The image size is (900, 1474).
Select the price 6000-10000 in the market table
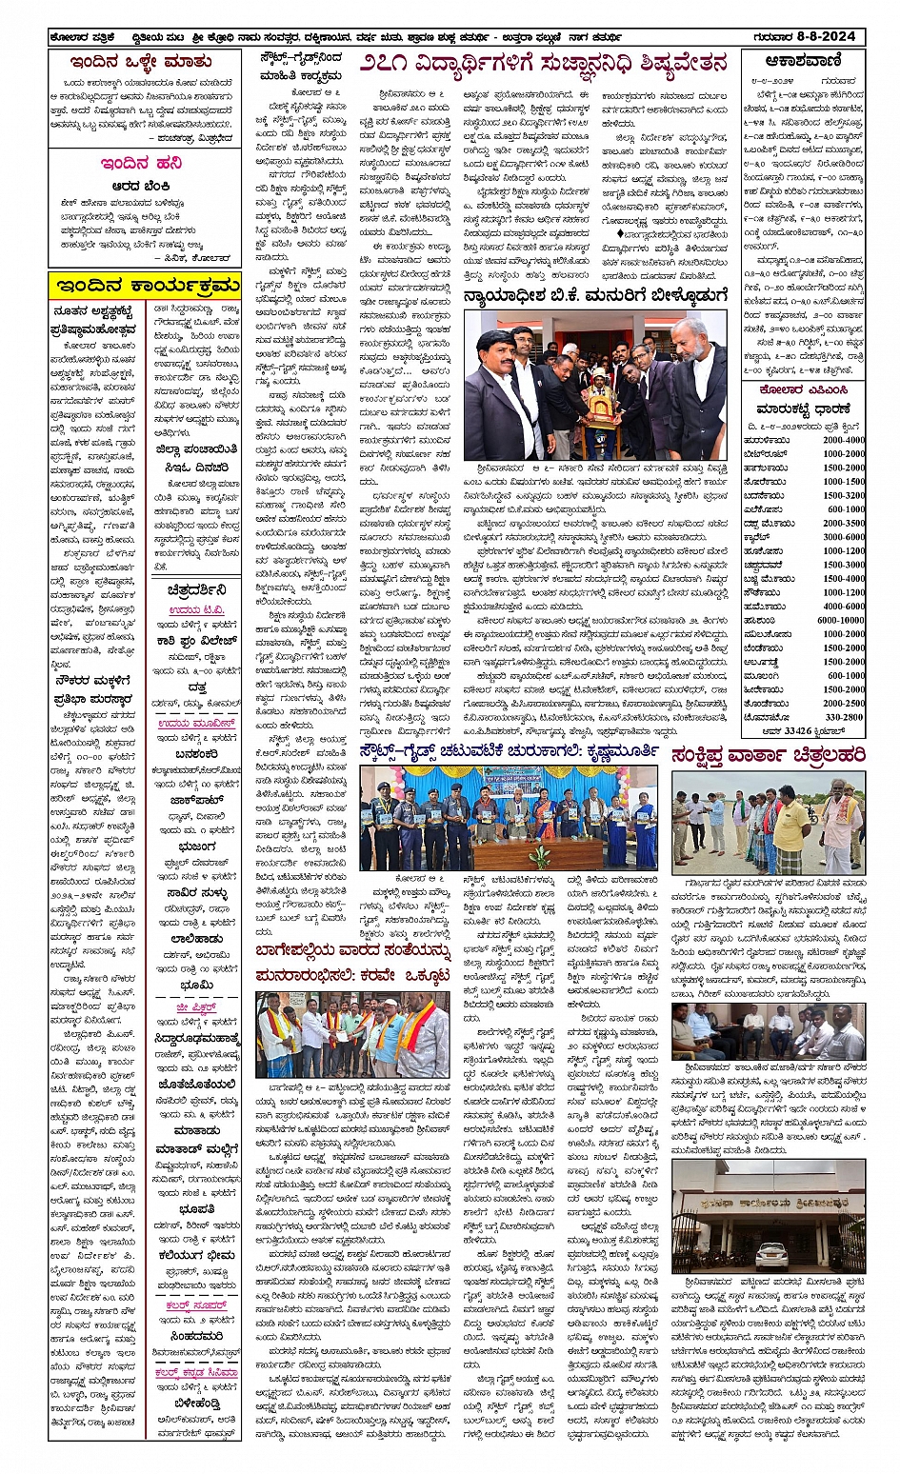tap(841, 620)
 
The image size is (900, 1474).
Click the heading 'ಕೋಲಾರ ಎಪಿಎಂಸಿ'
tap(803, 390)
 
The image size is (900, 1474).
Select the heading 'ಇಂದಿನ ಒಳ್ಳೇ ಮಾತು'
tap(141, 62)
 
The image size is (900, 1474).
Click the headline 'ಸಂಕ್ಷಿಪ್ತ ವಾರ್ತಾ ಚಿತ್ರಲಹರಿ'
tap(768, 754)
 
